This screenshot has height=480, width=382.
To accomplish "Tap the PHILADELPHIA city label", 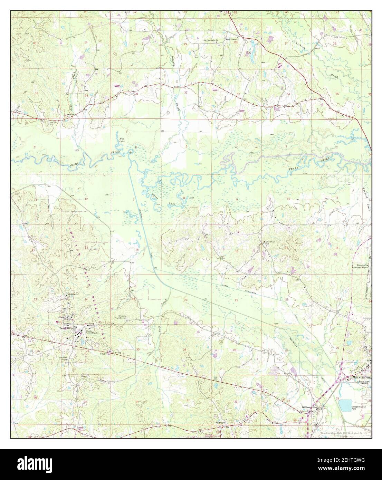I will tap(362, 378).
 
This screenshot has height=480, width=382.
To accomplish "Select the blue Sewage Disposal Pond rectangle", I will tap(347, 405).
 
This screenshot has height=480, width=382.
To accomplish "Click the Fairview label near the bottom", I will tap(220, 422).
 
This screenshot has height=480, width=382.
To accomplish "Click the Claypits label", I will tap(105, 354).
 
